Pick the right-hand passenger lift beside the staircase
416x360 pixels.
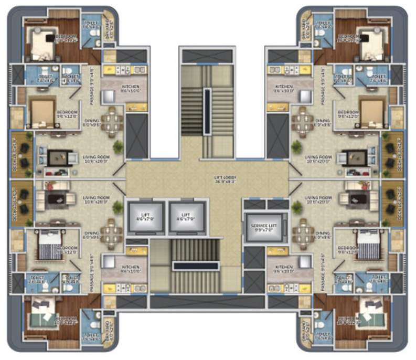(x=185, y=216)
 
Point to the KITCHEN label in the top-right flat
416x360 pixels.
(x=284, y=88)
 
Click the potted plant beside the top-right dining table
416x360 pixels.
(x=297, y=145)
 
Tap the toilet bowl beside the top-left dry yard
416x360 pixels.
(x=95, y=31)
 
